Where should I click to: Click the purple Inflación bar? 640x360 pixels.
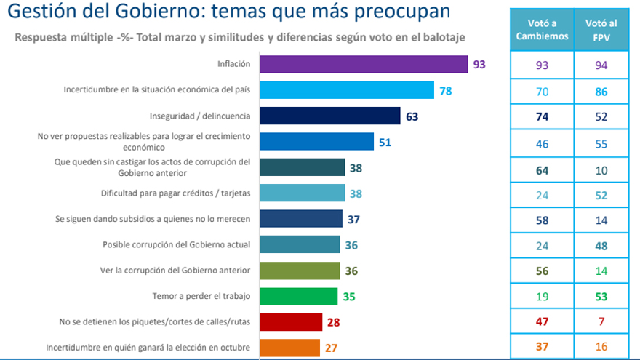tap(363, 64)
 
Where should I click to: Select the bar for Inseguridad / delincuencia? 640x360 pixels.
tap(329, 116)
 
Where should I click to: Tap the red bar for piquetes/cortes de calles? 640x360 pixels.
tap(290, 322)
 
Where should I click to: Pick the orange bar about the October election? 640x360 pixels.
tap(289, 348)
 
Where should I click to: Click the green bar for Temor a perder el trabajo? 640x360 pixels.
tap(298, 296)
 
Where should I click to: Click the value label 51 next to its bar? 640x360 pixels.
tap(385, 142)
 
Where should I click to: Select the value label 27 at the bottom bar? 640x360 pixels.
tap(331, 348)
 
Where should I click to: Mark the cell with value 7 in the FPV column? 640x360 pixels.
tap(601, 322)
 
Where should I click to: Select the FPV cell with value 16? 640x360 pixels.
tap(601, 348)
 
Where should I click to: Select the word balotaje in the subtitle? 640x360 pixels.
tap(441, 36)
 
